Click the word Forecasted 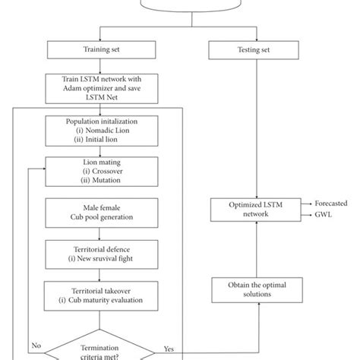[x=333, y=204]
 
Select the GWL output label [x=325, y=216]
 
